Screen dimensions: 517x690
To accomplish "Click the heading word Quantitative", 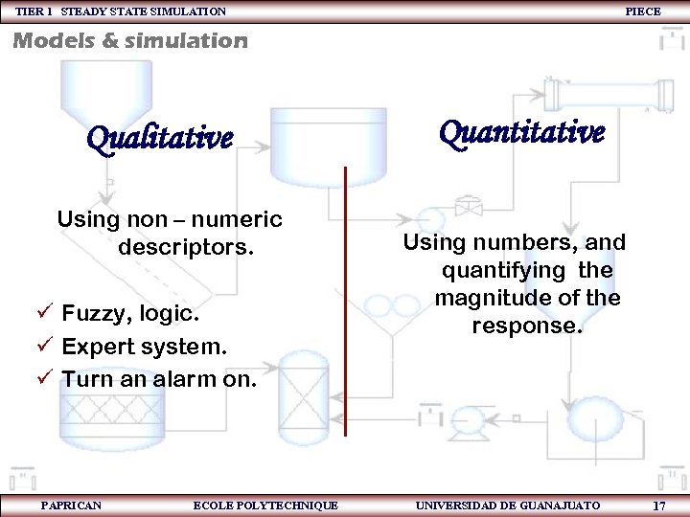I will click(x=521, y=133).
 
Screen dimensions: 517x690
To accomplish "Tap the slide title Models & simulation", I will click(x=129, y=41).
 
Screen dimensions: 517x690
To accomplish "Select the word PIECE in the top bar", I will click(x=642, y=11).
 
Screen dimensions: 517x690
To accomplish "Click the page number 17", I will click(x=658, y=506).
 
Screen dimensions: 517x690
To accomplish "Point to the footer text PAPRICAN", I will click(x=71, y=505).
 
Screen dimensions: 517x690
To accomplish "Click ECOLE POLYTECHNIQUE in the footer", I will click(x=265, y=505).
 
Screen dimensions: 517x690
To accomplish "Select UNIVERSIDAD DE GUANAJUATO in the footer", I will click(x=507, y=505).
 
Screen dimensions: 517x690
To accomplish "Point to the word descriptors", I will click(x=186, y=248).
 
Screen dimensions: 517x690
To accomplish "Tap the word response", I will click(x=526, y=326).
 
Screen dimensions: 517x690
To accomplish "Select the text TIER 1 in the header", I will click(x=34, y=11).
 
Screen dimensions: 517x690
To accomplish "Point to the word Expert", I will click(x=100, y=346).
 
